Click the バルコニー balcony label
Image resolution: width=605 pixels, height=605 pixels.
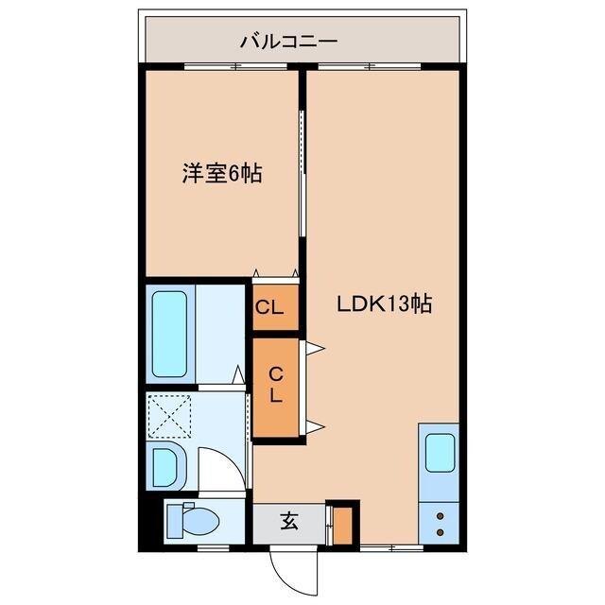(288, 41)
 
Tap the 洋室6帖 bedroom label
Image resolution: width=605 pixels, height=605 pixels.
(221, 173)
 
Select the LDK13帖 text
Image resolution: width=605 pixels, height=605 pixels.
(386, 304)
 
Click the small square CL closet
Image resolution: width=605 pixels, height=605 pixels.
(275, 307)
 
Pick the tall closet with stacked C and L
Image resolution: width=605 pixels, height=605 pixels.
(275, 386)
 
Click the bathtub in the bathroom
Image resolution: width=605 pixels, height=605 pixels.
(171, 334)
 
